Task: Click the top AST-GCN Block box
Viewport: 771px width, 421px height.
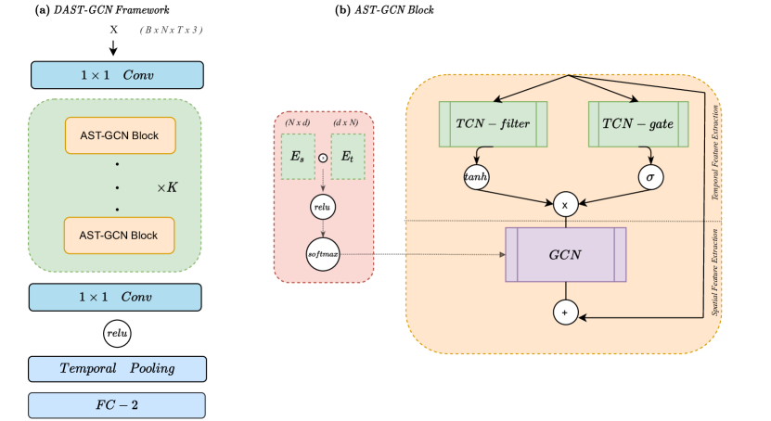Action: (117, 136)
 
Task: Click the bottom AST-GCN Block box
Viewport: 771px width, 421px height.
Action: (117, 236)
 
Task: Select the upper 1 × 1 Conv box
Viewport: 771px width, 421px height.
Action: (117, 75)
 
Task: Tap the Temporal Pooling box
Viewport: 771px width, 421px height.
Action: (117, 368)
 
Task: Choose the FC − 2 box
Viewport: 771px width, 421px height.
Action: (117, 405)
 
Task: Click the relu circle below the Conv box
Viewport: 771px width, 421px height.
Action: (117, 332)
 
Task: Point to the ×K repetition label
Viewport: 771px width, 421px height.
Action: (167, 187)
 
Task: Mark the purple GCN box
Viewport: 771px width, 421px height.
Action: (566, 254)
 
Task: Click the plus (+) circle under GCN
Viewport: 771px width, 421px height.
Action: (565, 313)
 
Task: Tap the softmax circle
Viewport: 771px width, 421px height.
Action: (324, 252)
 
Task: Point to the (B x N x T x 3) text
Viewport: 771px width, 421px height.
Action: (172, 31)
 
